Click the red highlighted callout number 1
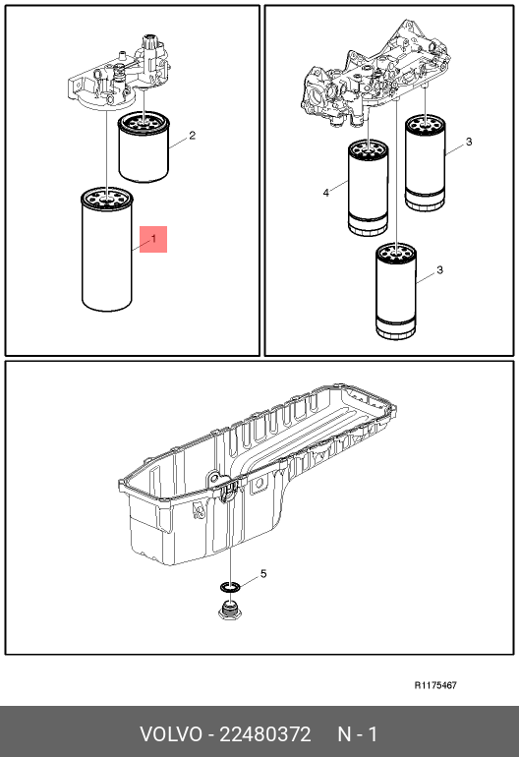click(x=153, y=239)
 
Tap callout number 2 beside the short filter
click(x=192, y=136)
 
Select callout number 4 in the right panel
click(x=326, y=193)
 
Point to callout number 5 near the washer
click(x=263, y=573)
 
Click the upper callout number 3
click(x=469, y=142)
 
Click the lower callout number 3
click(x=439, y=270)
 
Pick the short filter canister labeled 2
click(x=144, y=147)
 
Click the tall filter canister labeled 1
click(x=107, y=249)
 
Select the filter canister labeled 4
click(x=368, y=189)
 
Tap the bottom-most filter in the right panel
click(x=396, y=292)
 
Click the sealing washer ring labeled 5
click(x=230, y=587)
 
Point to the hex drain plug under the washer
click(x=230, y=610)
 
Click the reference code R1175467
click(x=435, y=685)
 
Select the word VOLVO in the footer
click(x=171, y=734)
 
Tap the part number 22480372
click(x=265, y=734)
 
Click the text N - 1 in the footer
click(x=357, y=734)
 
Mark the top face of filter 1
click(x=107, y=198)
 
